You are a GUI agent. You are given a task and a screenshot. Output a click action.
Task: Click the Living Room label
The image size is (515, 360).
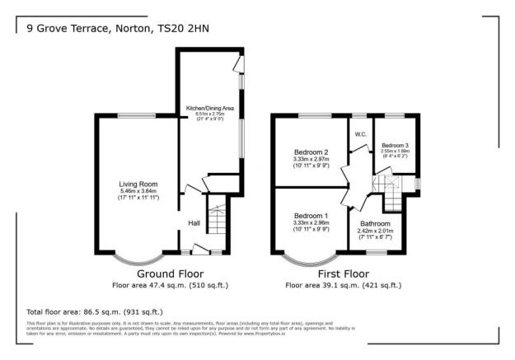[x=138, y=185]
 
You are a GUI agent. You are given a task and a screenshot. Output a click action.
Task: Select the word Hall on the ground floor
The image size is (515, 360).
[x=194, y=223]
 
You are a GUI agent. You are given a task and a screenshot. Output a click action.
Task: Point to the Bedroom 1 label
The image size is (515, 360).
[x=311, y=215]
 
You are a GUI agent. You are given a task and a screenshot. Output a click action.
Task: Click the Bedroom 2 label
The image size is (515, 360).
[x=311, y=152]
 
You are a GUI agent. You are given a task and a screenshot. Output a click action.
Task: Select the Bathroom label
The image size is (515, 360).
[x=375, y=224]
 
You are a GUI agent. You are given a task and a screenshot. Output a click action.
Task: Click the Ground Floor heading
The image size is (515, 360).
[x=170, y=274]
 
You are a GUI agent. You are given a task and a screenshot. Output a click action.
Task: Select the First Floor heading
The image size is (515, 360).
[x=343, y=274]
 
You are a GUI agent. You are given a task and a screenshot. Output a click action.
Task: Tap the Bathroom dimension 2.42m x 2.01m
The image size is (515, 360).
[x=375, y=231]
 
